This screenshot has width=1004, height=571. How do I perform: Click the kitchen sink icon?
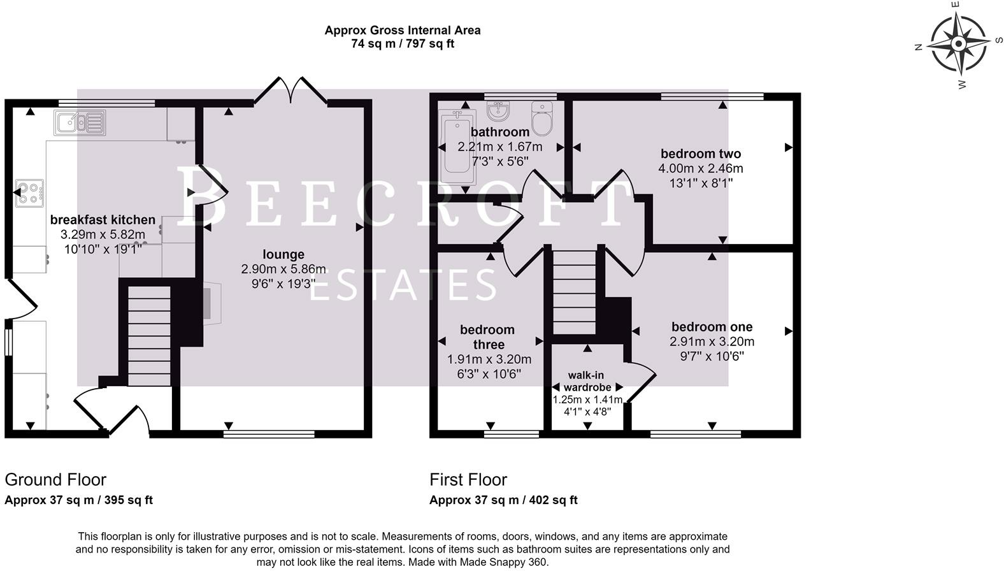80,122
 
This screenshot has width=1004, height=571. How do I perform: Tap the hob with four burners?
30,193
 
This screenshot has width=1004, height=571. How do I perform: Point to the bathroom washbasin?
498,112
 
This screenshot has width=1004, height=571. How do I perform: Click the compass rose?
958,44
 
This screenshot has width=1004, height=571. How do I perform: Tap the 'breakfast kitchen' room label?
103,220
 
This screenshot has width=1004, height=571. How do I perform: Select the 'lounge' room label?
283,255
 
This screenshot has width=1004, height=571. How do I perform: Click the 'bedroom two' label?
701,154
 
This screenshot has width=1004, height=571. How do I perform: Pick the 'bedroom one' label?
712,327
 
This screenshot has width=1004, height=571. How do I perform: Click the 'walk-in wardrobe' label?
587,381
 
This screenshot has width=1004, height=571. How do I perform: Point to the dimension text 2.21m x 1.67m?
500,147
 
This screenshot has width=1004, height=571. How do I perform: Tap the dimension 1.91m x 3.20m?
489,359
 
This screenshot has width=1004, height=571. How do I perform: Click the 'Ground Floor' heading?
55,480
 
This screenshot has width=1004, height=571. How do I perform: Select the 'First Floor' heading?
468,480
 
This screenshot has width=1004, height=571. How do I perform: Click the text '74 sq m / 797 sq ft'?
403,44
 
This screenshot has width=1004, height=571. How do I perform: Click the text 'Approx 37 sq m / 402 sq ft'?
503,500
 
